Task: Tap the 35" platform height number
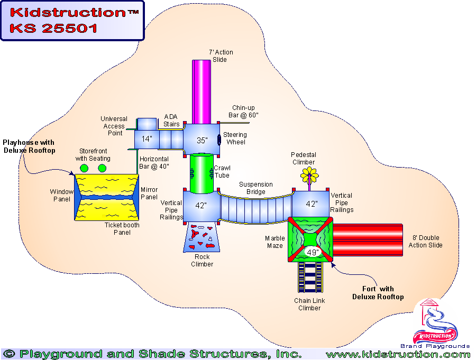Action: pos(202,141)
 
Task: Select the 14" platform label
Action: pos(147,140)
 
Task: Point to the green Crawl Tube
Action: pos(201,172)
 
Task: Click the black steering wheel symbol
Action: pos(219,140)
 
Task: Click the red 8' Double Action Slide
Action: pos(368,239)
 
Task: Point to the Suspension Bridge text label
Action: pos(256,188)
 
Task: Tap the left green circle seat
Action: pos(84,168)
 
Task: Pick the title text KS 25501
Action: pos(53,29)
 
